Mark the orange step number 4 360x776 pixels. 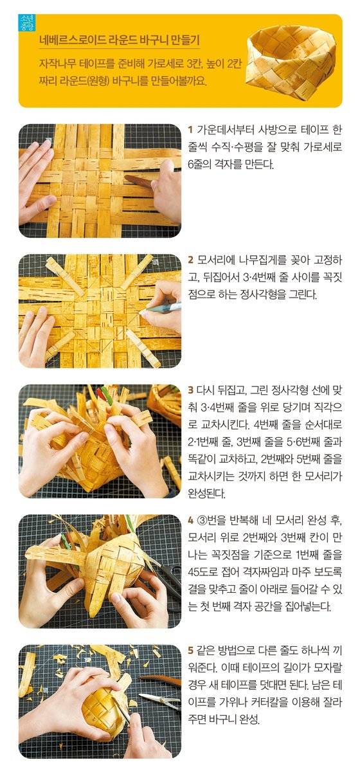tap(190, 519)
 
